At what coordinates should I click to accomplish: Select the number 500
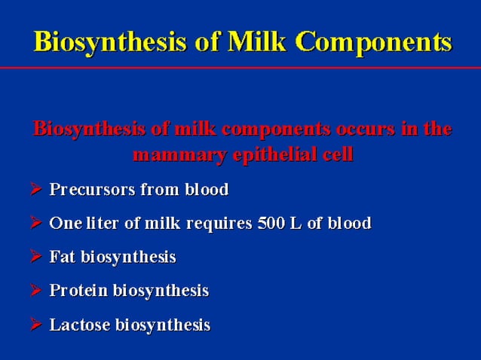pyautogui.click(x=268, y=224)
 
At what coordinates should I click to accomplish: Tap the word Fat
pyautogui.click(x=61, y=258)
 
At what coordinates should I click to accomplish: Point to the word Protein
pyautogui.click(x=78, y=291)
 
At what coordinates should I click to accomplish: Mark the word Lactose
pyautogui.click(x=79, y=325)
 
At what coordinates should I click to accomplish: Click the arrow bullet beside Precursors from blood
pyautogui.click(x=36, y=190)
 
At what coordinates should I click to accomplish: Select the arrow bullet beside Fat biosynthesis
pyautogui.click(x=36, y=258)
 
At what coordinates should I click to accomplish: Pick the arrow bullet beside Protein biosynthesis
pyautogui.click(x=36, y=291)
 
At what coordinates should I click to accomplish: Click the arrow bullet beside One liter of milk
pyautogui.click(x=36, y=224)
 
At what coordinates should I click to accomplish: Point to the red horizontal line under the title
pyautogui.click(x=240, y=68)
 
